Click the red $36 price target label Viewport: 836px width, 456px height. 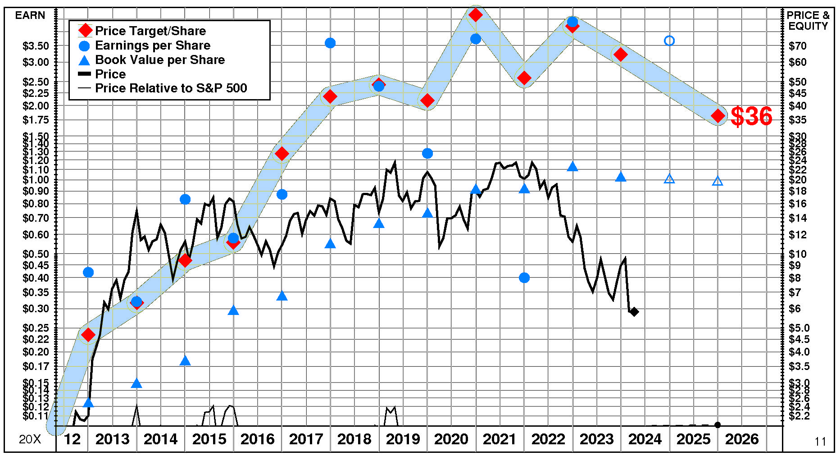[x=751, y=116]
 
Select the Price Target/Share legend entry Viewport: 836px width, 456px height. [x=150, y=31]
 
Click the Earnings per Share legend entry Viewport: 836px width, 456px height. [x=153, y=46]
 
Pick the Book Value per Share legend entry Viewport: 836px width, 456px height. [x=160, y=60]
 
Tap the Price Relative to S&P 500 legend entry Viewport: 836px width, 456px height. [x=171, y=88]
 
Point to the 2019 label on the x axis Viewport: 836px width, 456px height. [x=403, y=439]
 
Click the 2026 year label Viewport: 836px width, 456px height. [x=741, y=439]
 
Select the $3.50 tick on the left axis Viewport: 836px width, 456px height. [x=36, y=46]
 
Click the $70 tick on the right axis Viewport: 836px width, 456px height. [x=798, y=46]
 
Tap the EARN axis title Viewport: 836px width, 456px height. [x=30, y=15]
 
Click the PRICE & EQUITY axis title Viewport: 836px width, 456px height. [x=808, y=21]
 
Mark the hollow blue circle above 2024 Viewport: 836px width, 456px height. [x=669, y=41]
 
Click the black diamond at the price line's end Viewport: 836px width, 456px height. [x=634, y=311]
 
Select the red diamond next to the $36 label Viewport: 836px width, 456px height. [x=718, y=116]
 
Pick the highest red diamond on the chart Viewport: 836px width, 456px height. [x=476, y=15]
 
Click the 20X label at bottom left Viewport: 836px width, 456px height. [x=30, y=439]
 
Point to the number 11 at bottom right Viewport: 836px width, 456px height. [x=820, y=442]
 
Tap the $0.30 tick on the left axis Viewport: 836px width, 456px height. [x=36, y=309]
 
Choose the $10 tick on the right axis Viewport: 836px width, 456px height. [x=798, y=254]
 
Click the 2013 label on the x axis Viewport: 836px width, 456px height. [x=113, y=439]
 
